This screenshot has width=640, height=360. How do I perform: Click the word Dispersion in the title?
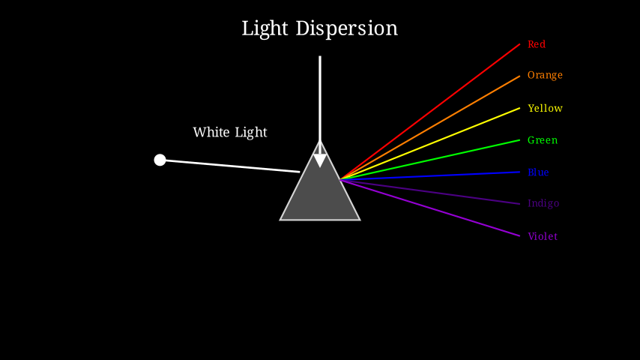pyautogui.click(x=346, y=28)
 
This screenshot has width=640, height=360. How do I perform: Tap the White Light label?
pyautogui.click(x=230, y=132)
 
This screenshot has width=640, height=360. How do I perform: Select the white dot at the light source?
pyautogui.click(x=160, y=160)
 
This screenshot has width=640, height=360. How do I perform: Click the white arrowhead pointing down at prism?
pyautogui.click(x=320, y=160)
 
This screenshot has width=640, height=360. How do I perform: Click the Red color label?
pyautogui.click(x=537, y=44)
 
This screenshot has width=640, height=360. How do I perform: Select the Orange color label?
pyautogui.click(x=545, y=75)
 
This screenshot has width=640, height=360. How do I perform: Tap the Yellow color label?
pyautogui.click(x=545, y=108)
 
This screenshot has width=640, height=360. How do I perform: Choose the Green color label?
pyautogui.click(x=543, y=140)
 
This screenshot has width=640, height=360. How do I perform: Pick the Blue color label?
pyautogui.click(x=538, y=172)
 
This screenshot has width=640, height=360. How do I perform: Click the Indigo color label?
pyautogui.click(x=543, y=203)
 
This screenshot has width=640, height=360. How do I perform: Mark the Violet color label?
pyautogui.click(x=543, y=236)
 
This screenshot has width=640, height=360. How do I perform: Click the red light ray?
pyautogui.click(x=430, y=112)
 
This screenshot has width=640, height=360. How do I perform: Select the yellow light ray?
pyautogui.click(x=430, y=144)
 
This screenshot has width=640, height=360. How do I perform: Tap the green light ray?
pyautogui.click(x=430, y=160)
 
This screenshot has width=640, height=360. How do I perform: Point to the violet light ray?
pyautogui.click(x=430, y=208)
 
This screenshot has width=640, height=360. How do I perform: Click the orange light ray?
pyautogui.click(x=430, y=127)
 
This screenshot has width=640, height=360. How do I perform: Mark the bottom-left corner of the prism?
pyautogui.click(x=281, y=219)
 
